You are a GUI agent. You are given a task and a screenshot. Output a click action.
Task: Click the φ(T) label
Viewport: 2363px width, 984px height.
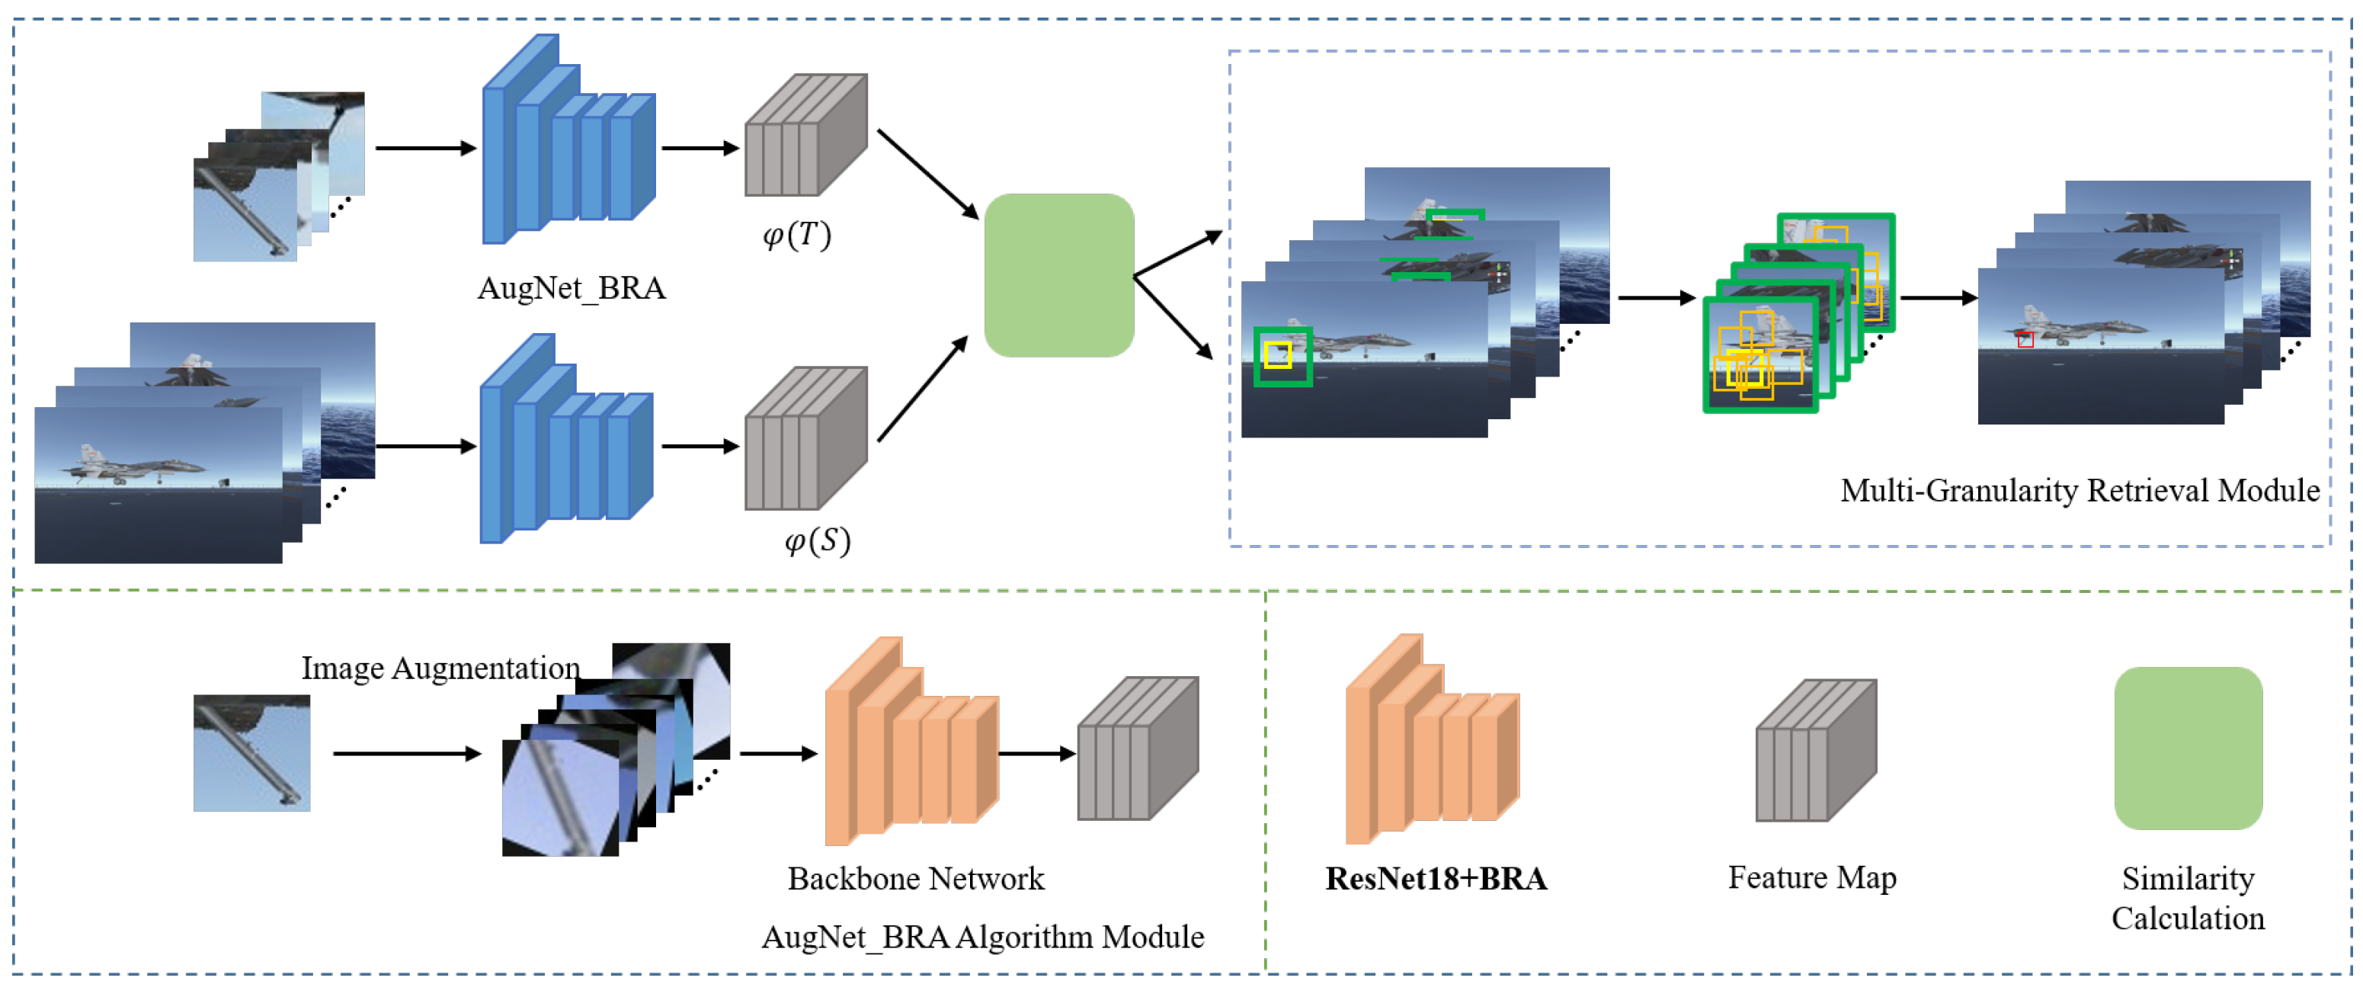pyautogui.click(x=796, y=236)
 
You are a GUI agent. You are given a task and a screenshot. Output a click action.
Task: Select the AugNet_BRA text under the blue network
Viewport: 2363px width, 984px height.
pyautogui.click(x=571, y=288)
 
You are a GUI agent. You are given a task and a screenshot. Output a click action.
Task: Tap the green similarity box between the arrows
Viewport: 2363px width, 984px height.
pyautogui.click(x=1058, y=275)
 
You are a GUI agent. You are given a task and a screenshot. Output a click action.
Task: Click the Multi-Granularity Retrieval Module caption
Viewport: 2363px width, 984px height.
pyautogui.click(x=2079, y=490)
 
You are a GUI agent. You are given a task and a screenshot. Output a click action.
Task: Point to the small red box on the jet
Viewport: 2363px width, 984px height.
pyautogui.click(x=2025, y=341)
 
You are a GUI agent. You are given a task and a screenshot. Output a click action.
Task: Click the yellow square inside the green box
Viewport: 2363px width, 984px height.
pyautogui.click(x=1277, y=354)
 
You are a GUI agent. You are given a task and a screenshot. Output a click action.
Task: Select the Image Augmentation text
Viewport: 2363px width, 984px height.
pyautogui.click(x=440, y=668)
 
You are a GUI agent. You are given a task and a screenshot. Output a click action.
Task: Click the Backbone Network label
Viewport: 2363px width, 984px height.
pyautogui.click(x=914, y=879)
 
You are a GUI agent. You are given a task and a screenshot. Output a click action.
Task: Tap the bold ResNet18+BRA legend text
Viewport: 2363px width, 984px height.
pyautogui.click(x=1436, y=879)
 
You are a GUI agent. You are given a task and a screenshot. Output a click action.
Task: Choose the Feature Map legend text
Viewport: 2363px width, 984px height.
pyautogui.click(x=1812, y=877)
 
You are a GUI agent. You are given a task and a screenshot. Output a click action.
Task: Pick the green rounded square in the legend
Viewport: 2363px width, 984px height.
pyautogui.click(x=2187, y=747)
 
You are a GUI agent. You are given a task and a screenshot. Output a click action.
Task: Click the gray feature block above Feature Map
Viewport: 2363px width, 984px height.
pyautogui.click(x=1814, y=750)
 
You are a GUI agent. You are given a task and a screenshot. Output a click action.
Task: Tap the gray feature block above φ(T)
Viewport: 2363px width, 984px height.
pyautogui.click(x=805, y=136)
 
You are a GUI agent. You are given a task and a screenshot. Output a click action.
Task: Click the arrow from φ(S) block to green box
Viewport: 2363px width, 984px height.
pyautogui.click(x=921, y=389)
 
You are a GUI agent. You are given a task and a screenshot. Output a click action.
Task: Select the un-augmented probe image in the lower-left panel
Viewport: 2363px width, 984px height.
pyautogui.click(x=251, y=753)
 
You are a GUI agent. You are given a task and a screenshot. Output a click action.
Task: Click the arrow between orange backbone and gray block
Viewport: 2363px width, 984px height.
pyautogui.click(x=1036, y=754)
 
